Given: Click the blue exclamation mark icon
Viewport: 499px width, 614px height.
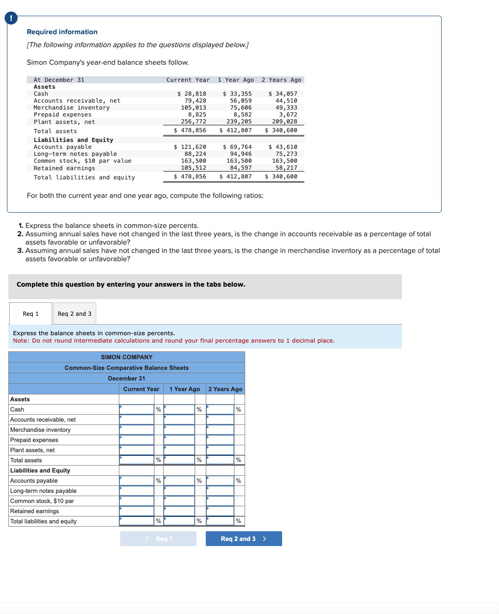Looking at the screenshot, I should [11, 18].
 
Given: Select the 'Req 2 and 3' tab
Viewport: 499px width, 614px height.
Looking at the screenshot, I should [74, 314].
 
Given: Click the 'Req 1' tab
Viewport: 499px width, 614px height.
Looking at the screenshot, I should [31, 314].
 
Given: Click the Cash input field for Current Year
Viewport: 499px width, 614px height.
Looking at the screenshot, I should [136, 410].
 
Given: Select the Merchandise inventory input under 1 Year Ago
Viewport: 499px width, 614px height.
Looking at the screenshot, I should [179, 430].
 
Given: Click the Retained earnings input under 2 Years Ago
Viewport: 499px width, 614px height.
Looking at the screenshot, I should [220, 511].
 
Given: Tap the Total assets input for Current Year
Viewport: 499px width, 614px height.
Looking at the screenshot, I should [136, 460].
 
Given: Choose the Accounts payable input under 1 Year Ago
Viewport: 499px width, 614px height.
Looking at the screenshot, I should [179, 481].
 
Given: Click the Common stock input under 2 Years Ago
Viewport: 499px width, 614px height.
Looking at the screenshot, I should [220, 501].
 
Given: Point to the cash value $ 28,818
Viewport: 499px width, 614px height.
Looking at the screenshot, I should [192, 94].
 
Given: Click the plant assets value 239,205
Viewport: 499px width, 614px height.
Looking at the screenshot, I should [239, 122].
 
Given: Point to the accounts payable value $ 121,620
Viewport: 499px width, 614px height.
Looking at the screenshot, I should [190, 147].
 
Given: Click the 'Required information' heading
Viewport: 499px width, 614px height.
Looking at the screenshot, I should [62, 32].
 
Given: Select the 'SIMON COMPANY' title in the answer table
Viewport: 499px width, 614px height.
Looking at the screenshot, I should [127, 357].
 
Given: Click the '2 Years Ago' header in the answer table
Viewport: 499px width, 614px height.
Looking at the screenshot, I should [225, 389].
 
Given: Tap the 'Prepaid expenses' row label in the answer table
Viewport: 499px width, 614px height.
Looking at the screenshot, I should [34, 440].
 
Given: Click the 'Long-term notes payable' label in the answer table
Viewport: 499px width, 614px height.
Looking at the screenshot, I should [43, 491].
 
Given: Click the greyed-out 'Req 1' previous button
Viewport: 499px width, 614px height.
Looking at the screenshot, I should [158, 539].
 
